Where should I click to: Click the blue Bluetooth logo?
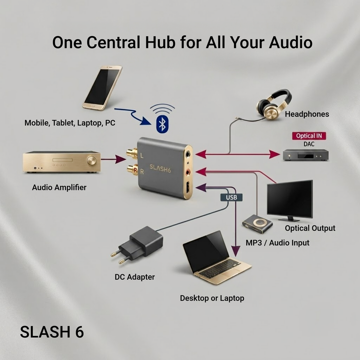tap(162, 124)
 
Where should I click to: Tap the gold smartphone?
tap(102, 88)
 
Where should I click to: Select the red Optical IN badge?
tap(309, 136)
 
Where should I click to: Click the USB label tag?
tap(232, 197)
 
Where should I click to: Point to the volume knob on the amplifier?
tap(92, 160)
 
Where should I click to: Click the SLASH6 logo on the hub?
tap(160, 169)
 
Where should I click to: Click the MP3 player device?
tap(257, 224)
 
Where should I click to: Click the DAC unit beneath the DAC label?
tap(306, 155)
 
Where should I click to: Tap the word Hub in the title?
tap(160, 42)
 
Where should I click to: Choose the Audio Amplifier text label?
tap(59, 187)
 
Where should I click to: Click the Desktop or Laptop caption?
tap(212, 298)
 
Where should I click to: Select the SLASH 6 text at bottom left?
tap(52, 332)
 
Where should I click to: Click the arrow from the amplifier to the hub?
tap(113, 159)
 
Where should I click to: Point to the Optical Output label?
tap(310, 228)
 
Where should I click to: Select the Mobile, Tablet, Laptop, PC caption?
tap(70, 123)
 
